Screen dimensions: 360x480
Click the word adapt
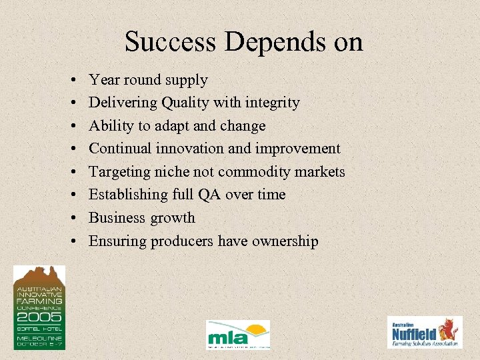tap(174, 126)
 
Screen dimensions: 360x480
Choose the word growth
tap(173, 219)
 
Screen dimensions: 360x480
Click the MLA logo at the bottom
tap(238, 334)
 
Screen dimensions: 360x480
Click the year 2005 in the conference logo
tap(39, 319)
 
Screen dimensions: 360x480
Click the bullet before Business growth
tap(71, 218)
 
